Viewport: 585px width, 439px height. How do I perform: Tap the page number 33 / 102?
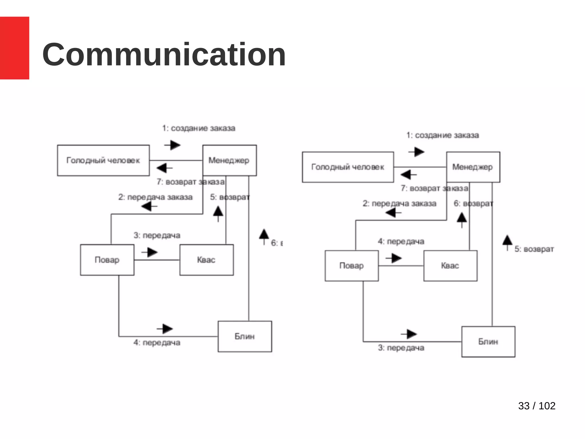536,406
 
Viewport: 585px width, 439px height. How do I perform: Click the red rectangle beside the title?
14,48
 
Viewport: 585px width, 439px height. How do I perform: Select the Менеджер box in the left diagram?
229,160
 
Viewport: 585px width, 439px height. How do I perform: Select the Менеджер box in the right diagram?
473,167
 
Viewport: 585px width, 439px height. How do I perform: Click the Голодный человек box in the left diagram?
103,160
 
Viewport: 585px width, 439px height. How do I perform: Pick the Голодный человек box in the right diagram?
348,167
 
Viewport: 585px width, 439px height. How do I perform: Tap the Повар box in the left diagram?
107,260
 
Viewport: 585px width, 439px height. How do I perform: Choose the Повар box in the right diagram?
352,266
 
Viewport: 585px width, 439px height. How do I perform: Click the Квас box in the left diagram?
206,260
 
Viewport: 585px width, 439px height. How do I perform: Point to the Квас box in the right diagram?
450,266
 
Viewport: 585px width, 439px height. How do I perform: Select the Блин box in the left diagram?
245,336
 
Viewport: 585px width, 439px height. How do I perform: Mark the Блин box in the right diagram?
488,342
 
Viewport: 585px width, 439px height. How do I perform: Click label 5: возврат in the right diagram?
534,249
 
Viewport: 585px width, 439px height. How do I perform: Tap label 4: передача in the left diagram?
157,342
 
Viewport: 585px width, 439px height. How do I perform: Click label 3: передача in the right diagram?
401,348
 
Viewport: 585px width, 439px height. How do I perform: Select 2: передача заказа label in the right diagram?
399,203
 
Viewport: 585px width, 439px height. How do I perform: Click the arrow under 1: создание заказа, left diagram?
173,145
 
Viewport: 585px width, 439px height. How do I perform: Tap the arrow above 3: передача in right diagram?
409,334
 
